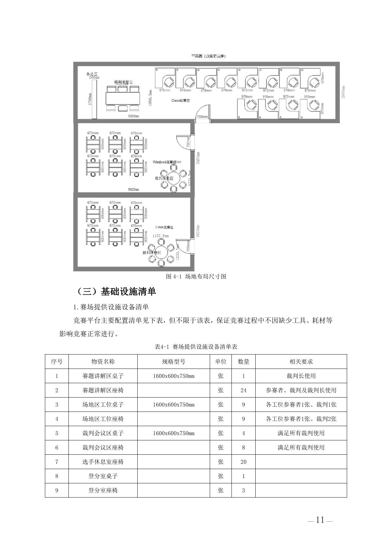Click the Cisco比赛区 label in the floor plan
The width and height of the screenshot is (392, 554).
pos(180,100)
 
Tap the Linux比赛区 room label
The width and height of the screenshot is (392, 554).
pos(164,227)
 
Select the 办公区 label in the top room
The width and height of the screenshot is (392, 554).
pos(92,74)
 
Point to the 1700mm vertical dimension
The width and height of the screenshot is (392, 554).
pos(90,99)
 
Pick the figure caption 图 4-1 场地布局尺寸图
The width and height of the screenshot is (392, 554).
pos(196,276)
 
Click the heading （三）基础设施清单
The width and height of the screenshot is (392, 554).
pos(116,291)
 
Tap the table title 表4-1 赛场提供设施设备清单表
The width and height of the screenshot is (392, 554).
pos(196,347)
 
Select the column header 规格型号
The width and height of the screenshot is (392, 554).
pos(174,362)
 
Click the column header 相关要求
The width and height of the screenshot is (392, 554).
pos(301,362)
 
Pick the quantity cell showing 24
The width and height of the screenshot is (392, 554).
pos(243,390)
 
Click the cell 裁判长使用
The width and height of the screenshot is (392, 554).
pos(301,376)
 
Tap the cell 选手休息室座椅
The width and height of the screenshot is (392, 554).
pos(103,462)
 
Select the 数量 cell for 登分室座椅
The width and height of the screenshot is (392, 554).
pos(243,490)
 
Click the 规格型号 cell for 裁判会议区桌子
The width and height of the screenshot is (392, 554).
pos(174,433)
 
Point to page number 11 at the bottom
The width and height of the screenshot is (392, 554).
pos(320,520)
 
